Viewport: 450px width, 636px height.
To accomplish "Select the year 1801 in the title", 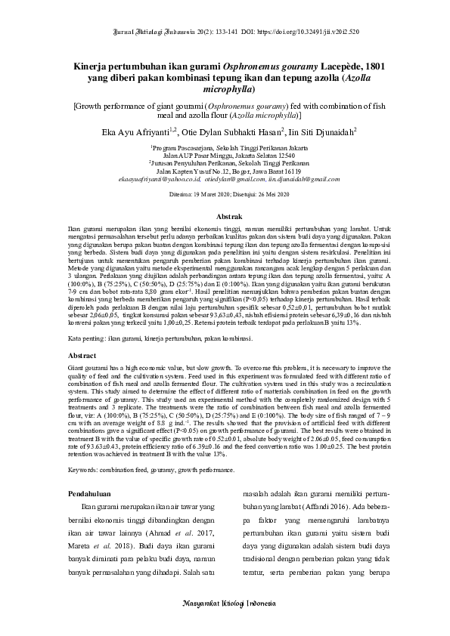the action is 374,66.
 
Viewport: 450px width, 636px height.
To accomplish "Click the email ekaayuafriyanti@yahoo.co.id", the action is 169,179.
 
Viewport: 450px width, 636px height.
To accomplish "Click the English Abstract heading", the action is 82,354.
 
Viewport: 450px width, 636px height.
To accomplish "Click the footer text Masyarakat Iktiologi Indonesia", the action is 225,606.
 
